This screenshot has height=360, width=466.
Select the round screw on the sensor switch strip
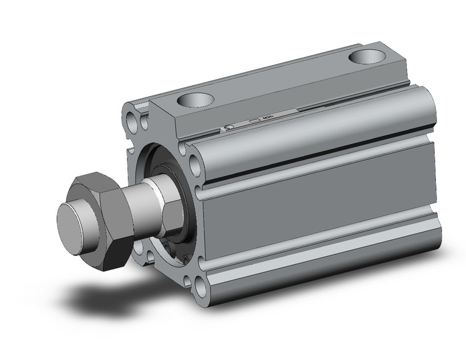[x=228, y=128]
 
